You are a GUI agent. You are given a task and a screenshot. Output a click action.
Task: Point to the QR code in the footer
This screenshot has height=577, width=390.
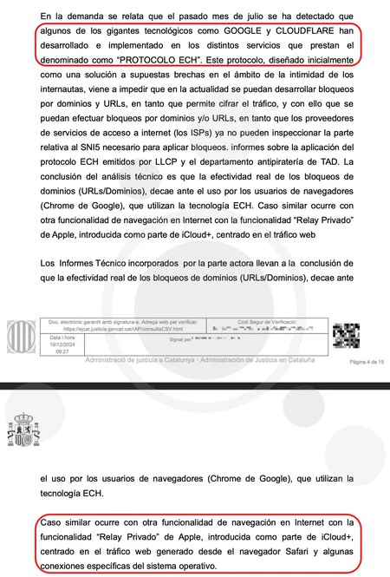(346, 334)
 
